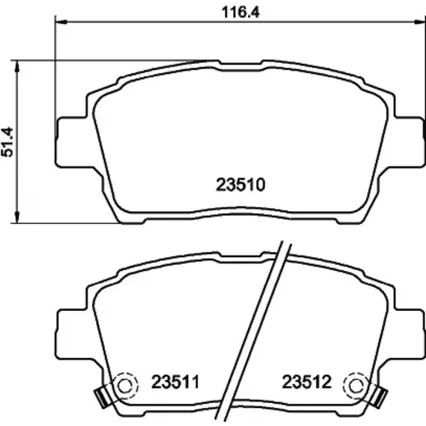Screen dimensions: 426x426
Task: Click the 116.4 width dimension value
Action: coord(240,13)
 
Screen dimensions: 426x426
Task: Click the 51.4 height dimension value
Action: coord(8,141)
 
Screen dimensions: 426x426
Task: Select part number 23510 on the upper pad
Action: coord(240,185)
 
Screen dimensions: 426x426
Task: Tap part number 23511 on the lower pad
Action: coord(176,382)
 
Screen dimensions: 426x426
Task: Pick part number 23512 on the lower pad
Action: coord(307,382)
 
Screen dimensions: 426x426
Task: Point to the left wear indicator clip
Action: coord(101,397)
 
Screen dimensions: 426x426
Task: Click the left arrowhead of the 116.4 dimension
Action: coord(60,21)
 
